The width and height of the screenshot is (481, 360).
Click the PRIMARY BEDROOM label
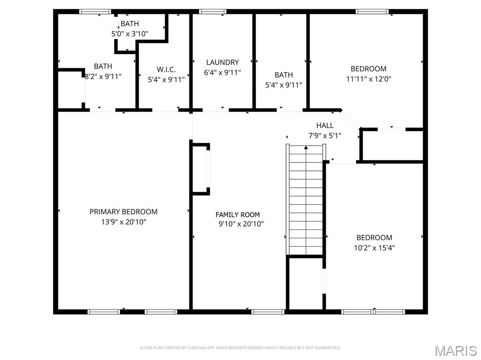coord(124,212)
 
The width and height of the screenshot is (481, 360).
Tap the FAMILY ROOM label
coord(238,214)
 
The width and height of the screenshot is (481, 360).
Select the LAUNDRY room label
coord(222,62)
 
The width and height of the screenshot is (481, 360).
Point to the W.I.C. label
coord(166,69)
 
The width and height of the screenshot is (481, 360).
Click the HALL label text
coord(325,125)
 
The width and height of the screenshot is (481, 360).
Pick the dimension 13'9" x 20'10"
coord(124,222)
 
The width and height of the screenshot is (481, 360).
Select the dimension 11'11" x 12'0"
coord(368,79)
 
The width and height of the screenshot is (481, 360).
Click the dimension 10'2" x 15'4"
coord(374,248)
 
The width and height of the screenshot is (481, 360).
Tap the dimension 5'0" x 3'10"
coord(130,34)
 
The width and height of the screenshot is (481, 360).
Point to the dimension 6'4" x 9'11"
coord(222,72)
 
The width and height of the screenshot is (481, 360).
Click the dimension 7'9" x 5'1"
coord(325,135)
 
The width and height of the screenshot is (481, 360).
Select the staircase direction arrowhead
coord(306,148)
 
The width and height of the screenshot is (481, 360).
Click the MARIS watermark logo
coord(456,351)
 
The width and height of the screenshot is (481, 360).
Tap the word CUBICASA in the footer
coord(198,348)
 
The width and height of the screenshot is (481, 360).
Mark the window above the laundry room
coord(212,12)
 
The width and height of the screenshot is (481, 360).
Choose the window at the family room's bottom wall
coord(268,312)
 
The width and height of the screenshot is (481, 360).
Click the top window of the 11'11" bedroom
coord(372,12)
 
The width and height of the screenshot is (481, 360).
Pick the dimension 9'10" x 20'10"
coord(241,224)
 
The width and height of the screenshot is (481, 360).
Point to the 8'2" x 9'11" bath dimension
coord(103,77)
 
